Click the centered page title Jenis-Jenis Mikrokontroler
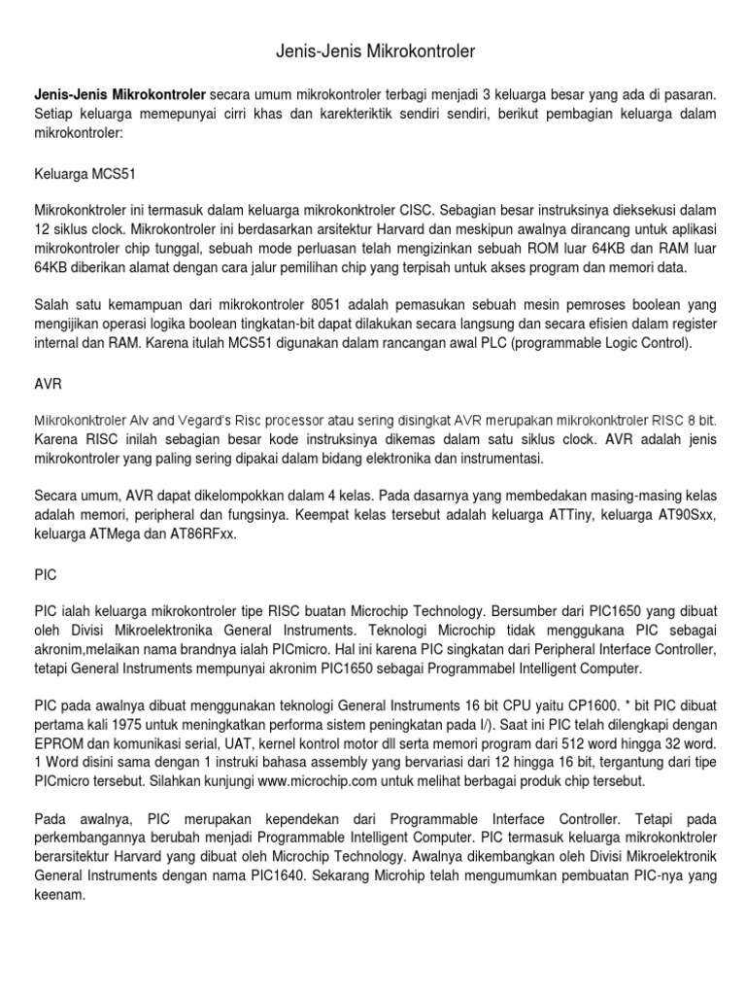click(373, 47)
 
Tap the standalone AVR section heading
click(48, 384)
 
